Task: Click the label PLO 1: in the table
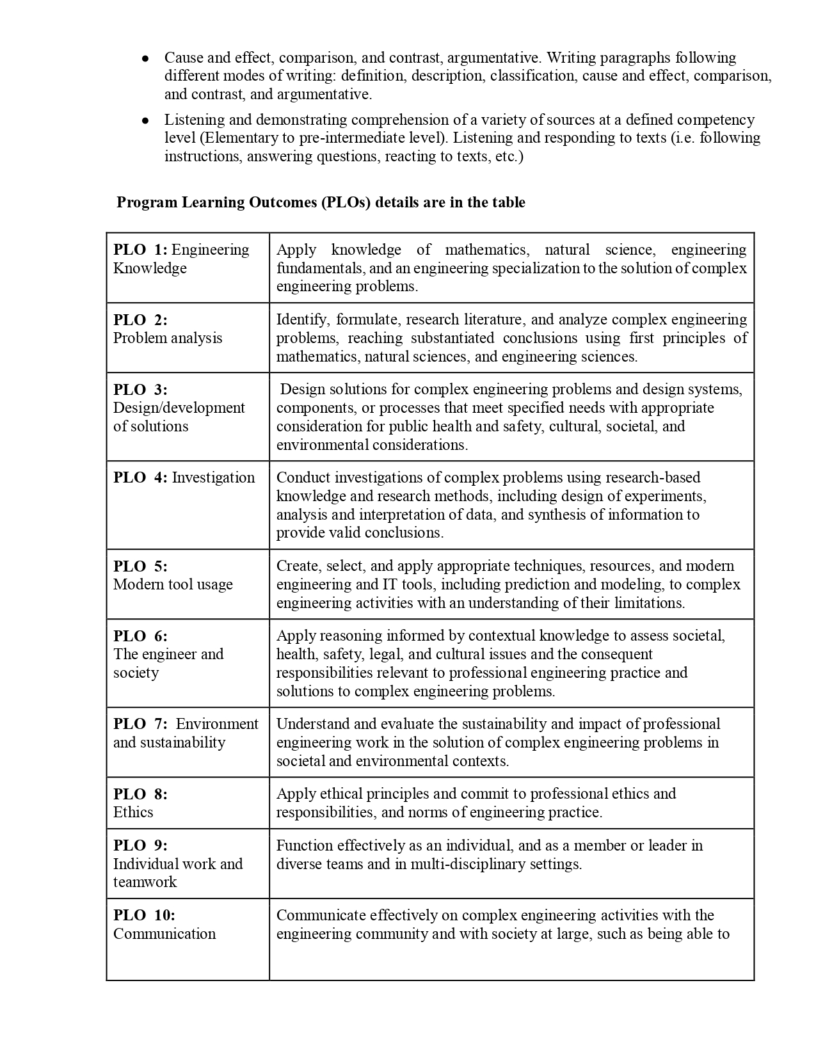pyautogui.click(x=140, y=250)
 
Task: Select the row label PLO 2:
pyautogui.click(x=140, y=320)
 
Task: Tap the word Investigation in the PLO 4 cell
pyautogui.click(x=213, y=477)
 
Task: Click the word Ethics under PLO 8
pyautogui.click(x=133, y=812)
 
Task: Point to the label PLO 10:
pyautogui.click(x=144, y=915)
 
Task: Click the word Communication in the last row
pyautogui.click(x=164, y=934)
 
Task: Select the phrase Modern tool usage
pyautogui.click(x=173, y=584)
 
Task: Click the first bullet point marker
pyautogui.click(x=146, y=58)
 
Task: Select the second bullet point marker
pyautogui.click(x=146, y=120)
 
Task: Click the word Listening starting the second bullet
pyautogui.click(x=191, y=120)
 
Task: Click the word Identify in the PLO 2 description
pyautogui.click(x=303, y=319)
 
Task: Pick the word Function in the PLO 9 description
pyautogui.click(x=305, y=845)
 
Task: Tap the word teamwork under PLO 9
pyautogui.click(x=145, y=882)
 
